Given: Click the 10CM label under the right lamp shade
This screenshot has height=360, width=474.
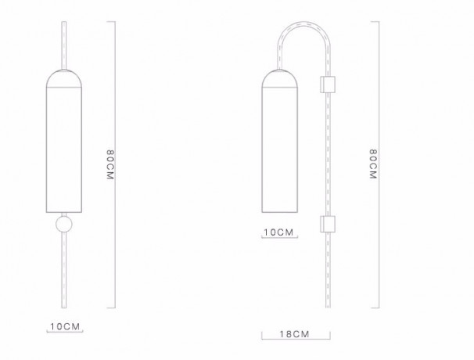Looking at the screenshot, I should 279,232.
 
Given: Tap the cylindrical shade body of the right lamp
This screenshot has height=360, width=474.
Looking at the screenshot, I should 278,149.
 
